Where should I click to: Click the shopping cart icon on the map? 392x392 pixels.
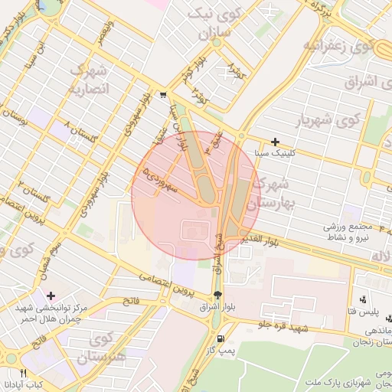(164, 96)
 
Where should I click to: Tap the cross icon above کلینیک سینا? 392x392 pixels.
(276, 142)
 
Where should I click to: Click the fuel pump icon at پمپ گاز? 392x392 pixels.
(221, 338)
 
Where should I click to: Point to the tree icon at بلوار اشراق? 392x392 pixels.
(219, 296)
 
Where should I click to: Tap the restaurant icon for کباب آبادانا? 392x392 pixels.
(23, 373)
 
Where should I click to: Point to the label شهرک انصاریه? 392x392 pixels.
(90, 80)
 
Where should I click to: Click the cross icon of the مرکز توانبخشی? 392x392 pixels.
(51, 296)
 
